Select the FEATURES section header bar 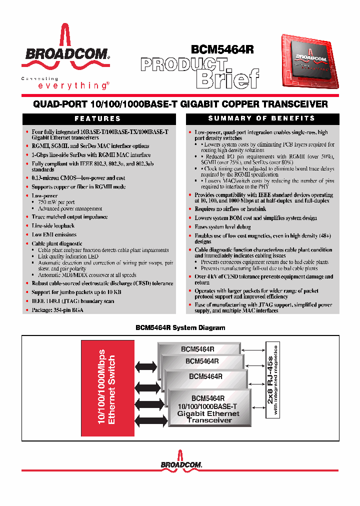[98, 118]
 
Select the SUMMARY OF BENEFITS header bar [262, 118]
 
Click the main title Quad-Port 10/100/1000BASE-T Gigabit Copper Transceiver [180, 104]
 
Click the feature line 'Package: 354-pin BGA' [57, 310]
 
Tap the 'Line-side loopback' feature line [53, 226]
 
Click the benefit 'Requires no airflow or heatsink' [230, 209]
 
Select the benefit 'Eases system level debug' [222, 227]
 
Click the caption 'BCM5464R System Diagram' [180, 328]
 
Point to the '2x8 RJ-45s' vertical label [269, 380]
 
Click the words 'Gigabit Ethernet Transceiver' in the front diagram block [209, 417]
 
